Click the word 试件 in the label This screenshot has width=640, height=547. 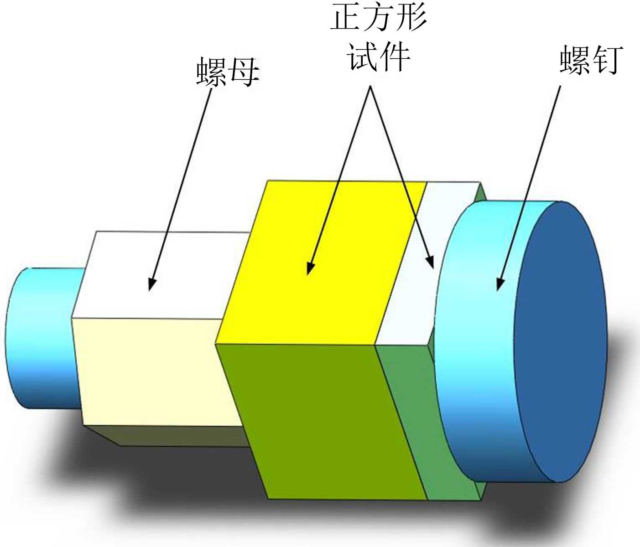pos(379,57)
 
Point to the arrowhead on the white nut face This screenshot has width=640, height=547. pos(151,285)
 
